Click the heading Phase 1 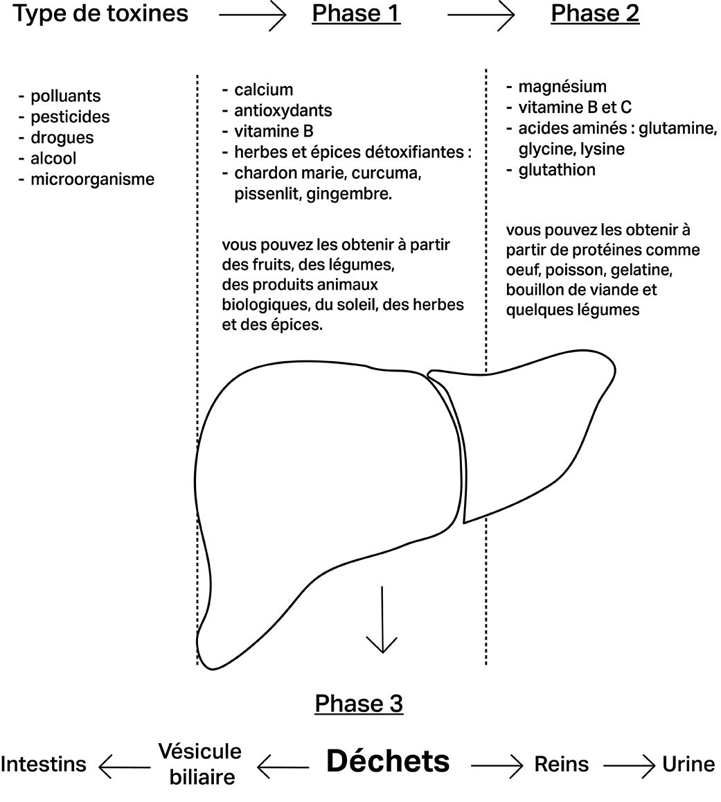pyautogui.click(x=356, y=13)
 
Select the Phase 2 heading pyautogui.click(x=595, y=13)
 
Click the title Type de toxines pyautogui.click(x=101, y=13)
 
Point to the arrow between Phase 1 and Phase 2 pyautogui.click(x=481, y=15)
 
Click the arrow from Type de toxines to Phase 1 pyautogui.click(x=252, y=15)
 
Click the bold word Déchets pyautogui.click(x=388, y=761)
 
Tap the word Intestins pyautogui.click(x=44, y=764)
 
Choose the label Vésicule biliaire pyautogui.click(x=200, y=763)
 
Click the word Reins pyautogui.click(x=562, y=764)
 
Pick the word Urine pyautogui.click(x=688, y=764)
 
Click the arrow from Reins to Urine pyautogui.click(x=628, y=765)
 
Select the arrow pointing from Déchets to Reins pyautogui.click(x=497, y=765)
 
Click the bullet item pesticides pyautogui.click(x=70, y=117)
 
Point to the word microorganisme pyautogui.click(x=92, y=180)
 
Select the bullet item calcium pyautogui.click(x=263, y=90)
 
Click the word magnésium pyautogui.click(x=562, y=87)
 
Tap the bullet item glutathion pyautogui.click(x=557, y=170)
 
